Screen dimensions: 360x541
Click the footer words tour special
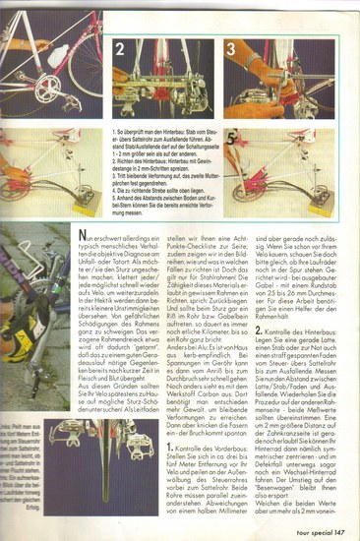click(304, 526)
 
